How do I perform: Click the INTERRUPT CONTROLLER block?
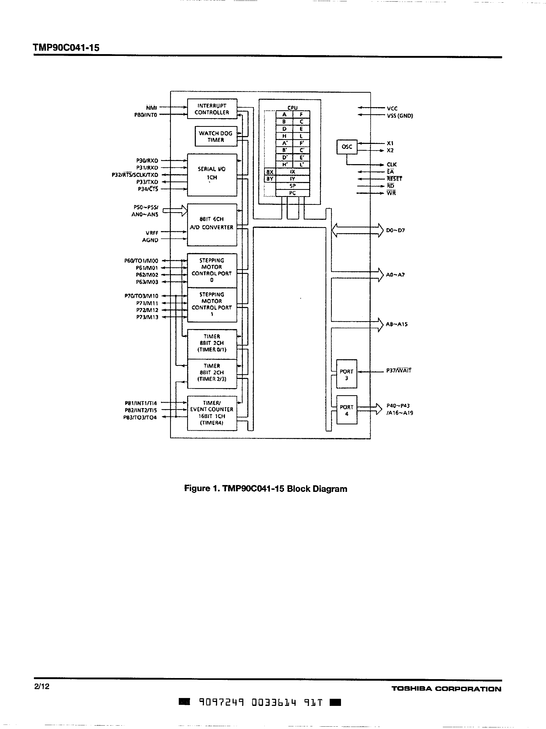(212, 109)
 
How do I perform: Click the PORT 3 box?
(346, 374)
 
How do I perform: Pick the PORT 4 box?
(346, 410)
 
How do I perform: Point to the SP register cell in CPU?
(292, 186)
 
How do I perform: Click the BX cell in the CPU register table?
(270, 172)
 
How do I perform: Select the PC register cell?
(292, 193)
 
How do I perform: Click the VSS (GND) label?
(400, 116)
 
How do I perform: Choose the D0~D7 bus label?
(395, 230)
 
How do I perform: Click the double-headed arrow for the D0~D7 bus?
(357, 230)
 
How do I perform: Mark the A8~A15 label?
(396, 324)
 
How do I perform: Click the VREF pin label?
(152, 233)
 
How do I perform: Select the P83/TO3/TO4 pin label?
(140, 418)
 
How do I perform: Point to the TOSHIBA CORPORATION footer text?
(446, 689)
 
